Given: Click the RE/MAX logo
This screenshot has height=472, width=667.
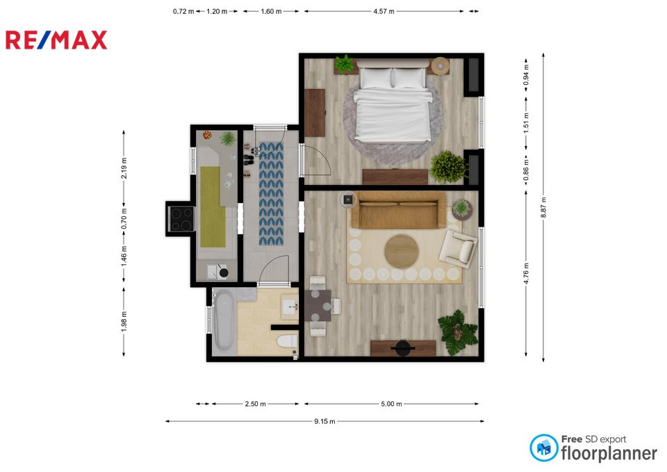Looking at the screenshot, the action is tap(56, 40).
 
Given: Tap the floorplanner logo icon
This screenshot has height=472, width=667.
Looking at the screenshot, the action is tap(543, 448).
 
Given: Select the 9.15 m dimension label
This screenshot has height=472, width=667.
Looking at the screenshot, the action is tap(324, 421).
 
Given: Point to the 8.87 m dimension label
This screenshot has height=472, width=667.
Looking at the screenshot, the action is tap(543, 207).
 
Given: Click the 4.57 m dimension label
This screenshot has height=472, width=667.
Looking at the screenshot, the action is tap(384, 12).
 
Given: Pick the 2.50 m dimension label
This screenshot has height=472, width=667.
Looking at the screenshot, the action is tap(255, 404).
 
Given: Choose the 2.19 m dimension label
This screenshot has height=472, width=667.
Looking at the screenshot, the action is tap(124, 168).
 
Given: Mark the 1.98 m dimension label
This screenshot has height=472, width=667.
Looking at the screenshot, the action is tap(124, 321).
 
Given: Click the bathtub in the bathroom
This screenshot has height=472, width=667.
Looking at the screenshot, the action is tap(223, 319).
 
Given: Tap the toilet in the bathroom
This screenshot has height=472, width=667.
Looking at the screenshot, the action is tap(288, 341).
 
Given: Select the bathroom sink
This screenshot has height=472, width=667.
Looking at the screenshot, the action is tap(290, 307).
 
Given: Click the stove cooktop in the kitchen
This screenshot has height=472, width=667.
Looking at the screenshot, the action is tap(181, 219).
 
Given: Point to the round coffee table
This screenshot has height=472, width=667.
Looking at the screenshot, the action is tap(402, 251).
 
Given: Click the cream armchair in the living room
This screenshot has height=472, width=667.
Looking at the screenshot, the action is tap(458, 247).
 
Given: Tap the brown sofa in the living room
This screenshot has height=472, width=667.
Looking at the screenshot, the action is tap(399, 210).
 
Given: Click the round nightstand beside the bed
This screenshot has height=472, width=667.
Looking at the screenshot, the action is tap(440, 66).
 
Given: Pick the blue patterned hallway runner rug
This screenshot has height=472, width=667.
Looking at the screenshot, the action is tap(271, 194).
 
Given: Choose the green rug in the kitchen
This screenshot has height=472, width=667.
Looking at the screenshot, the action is tap(213, 207).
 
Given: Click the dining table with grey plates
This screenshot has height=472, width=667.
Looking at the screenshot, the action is tap(318, 305).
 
